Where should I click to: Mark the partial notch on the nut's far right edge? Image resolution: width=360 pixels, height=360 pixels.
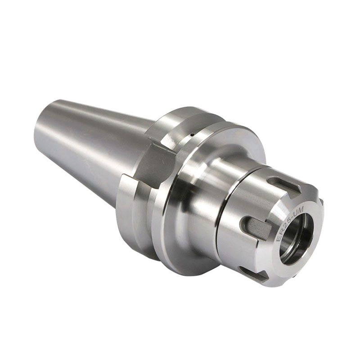pyautogui.click(x=321, y=202)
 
